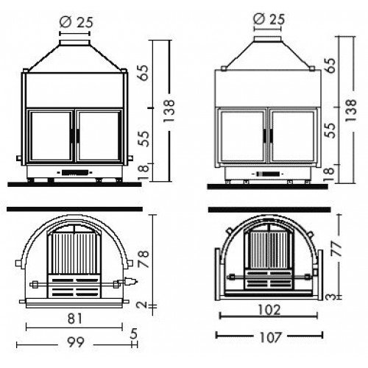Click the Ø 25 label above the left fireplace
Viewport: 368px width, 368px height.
tap(77, 22)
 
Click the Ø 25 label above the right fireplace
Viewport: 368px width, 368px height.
tap(269, 18)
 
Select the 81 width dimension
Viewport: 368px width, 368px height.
tap(74, 319)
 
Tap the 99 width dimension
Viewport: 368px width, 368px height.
tap(76, 342)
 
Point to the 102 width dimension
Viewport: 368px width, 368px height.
tap(269, 310)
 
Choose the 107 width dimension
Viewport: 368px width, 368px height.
tap(270, 337)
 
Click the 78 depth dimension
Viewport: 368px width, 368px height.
tap(144, 259)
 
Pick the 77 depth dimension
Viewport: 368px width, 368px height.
tap(338, 248)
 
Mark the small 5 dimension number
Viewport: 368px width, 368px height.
tap(134, 333)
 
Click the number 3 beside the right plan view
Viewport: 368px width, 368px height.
tap(332, 297)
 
